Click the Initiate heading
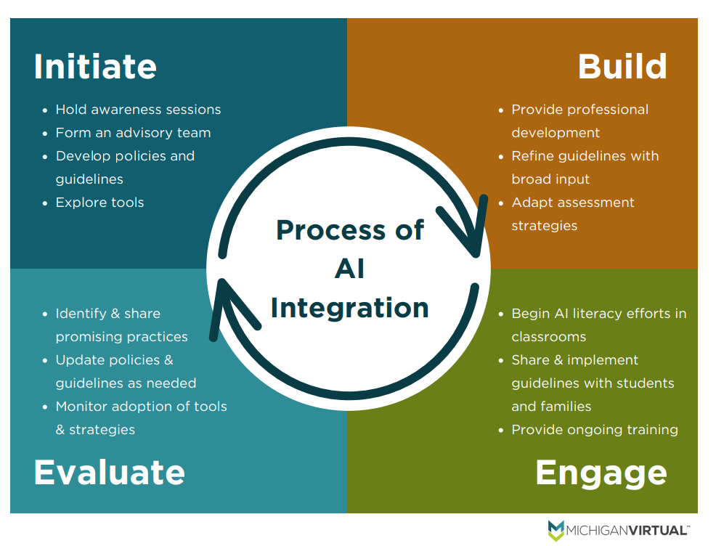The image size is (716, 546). (x=95, y=67)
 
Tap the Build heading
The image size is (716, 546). (x=622, y=67)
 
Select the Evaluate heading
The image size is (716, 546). (x=109, y=472)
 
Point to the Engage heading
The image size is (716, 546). (x=601, y=473)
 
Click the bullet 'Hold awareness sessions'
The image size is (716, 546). (x=138, y=110)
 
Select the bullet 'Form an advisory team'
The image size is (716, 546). (x=133, y=133)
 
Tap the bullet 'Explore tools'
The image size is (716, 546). (x=99, y=203)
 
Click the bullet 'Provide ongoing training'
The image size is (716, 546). (x=595, y=430)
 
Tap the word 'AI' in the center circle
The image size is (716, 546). (x=349, y=269)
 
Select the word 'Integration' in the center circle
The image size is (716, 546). (x=349, y=307)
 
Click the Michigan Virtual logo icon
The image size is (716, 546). (x=556, y=530)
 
